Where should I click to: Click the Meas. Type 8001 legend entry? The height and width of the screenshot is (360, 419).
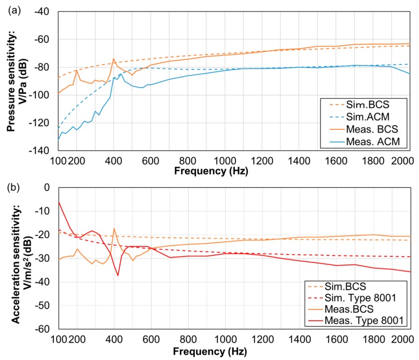tap(367, 321)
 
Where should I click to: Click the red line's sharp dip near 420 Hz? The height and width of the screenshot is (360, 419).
tap(118, 275)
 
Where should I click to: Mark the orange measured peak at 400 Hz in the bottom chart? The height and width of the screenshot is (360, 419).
tap(114, 229)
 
